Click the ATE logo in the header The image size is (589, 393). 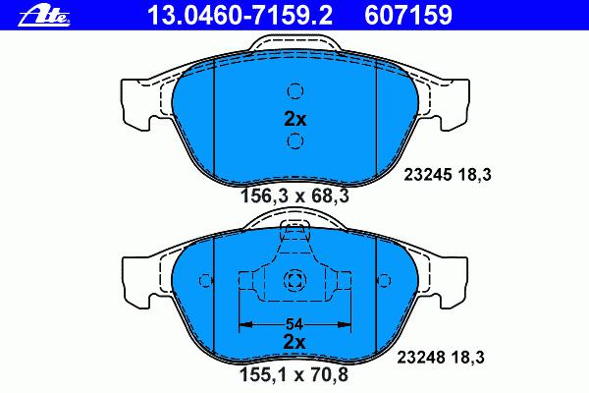44,16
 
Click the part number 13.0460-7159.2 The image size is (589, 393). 241,16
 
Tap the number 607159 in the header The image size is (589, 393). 408,16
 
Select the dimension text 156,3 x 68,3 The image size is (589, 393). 294,196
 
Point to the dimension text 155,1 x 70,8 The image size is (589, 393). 294,374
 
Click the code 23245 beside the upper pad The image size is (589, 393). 427,175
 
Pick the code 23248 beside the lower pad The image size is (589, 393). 421,357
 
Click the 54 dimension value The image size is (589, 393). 294,324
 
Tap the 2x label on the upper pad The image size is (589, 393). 295,119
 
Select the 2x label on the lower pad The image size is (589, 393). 294,342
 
